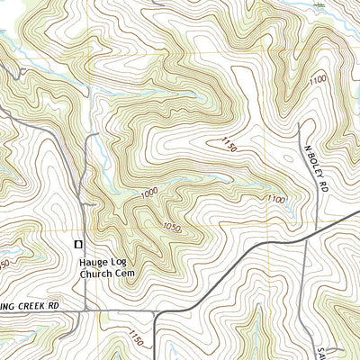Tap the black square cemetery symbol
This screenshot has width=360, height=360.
coord(78,244)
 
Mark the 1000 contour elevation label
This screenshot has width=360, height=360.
coord(149,193)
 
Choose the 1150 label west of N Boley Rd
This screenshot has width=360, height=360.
coord(227,144)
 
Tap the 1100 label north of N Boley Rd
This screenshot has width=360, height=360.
coord(318,81)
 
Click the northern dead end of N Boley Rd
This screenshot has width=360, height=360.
coord(299,124)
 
